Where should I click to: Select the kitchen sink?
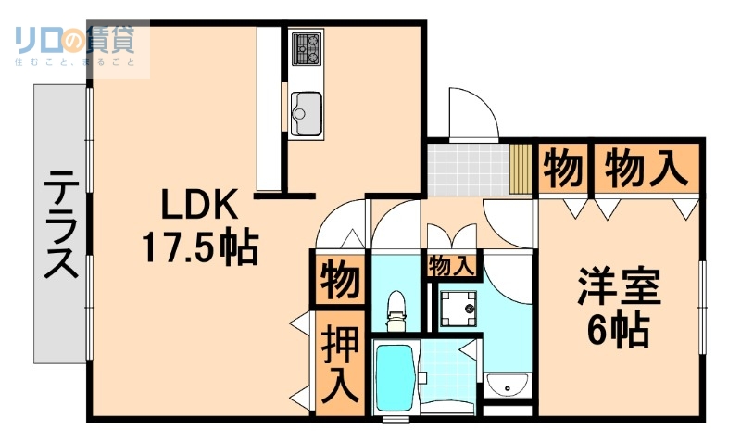[x=305, y=113]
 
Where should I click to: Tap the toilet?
[x=396, y=309]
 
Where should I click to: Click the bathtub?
[x=396, y=380]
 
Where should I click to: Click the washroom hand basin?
[x=507, y=385]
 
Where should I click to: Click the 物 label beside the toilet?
[x=339, y=280]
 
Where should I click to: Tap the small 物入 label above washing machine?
[x=452, y=266]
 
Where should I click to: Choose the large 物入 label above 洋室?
[x=647, y=168]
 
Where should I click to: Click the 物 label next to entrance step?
[x=562, y=168]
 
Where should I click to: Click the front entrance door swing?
[x=473, y=115]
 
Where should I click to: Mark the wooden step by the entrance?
[x=521, y=168]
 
